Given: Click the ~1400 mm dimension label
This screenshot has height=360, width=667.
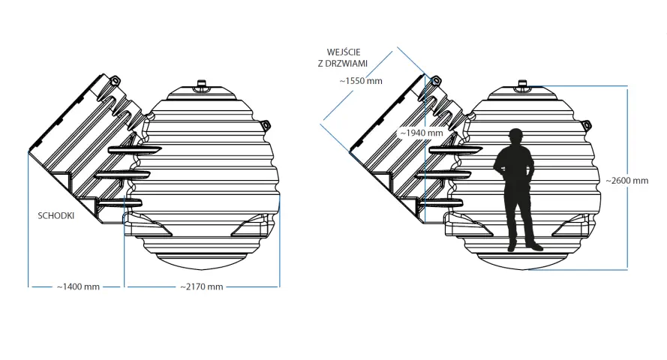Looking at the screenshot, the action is coord(78,287).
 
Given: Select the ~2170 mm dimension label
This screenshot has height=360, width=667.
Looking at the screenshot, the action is coord(202,287).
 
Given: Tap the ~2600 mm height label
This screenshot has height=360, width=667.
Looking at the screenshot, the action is coord(627,181).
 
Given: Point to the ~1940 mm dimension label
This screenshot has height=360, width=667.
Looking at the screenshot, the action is coord(422,133).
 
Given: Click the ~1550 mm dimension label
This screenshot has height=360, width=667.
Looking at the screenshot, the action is coord(361,81).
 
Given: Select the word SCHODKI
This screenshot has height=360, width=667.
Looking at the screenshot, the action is coord(56,215).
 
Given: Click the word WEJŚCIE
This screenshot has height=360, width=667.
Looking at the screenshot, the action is coord(344,52).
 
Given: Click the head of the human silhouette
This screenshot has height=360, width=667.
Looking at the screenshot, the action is coord(515,136).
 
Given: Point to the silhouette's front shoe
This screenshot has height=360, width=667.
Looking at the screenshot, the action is coord(535,246).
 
